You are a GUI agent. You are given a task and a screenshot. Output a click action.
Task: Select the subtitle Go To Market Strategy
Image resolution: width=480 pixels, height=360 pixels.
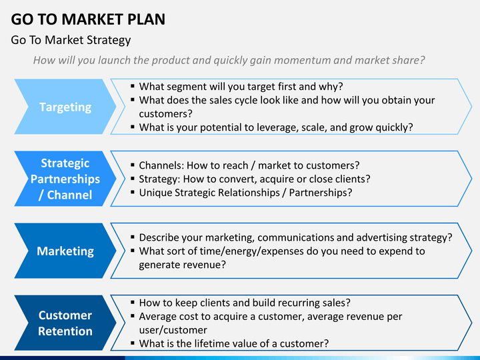(x=71, y=40)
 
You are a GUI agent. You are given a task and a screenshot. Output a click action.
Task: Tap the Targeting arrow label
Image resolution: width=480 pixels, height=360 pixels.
(x=65, y=107)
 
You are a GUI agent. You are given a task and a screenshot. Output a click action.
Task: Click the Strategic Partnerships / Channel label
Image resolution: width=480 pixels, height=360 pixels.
(x=65, y=179)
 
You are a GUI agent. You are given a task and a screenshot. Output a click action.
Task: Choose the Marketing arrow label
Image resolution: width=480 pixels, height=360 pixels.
(x=65, y=251)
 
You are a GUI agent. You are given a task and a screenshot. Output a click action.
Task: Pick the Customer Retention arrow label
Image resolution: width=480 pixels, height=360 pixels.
(x=65, y=323)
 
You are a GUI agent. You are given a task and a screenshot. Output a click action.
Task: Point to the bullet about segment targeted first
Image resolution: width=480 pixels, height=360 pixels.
(x=240, y=86)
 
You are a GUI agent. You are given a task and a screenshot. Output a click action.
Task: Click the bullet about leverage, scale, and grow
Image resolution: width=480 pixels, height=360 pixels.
(x=275, y=127)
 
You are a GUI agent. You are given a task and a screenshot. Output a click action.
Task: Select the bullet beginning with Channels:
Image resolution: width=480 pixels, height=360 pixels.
(x=249, y=165)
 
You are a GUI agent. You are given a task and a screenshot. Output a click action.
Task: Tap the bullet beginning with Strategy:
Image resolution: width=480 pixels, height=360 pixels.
(x=254, y=179)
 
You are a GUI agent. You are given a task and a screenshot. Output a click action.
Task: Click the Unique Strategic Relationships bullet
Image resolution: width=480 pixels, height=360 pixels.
(x=245, y=193)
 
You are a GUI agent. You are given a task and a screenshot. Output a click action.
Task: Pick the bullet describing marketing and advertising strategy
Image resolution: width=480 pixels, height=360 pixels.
(x=295, y=237)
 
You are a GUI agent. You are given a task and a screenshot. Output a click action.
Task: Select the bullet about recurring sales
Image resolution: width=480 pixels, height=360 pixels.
(x=245, y=302)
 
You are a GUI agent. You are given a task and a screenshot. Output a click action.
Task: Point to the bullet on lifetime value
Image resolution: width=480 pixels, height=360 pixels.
(x=233, y=343)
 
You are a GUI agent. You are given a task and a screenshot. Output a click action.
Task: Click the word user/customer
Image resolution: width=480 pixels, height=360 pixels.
(x=173, y=330)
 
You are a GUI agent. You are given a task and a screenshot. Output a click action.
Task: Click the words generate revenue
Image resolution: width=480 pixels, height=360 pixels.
(x=182, y=265)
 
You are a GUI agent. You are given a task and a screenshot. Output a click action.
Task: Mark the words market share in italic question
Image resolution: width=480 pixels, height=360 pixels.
(x=393, y=60)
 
